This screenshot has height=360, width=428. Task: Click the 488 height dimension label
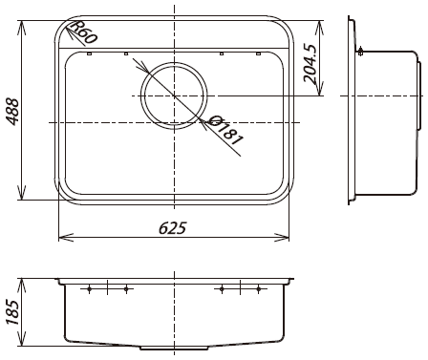(12, 112)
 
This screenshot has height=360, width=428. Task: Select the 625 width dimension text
(172, 228)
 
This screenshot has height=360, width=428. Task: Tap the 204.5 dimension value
(310, 63)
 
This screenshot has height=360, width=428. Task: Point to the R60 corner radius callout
(84, 32)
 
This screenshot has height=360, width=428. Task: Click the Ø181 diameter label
(226, 130)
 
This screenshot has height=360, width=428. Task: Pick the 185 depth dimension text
(13, 312)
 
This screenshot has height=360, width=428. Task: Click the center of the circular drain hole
(174, 95)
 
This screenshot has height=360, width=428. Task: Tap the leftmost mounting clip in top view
(89, 53)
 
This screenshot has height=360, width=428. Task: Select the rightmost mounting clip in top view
(258, 53)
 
